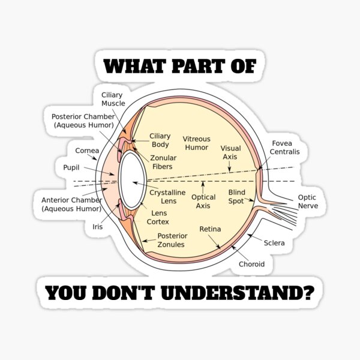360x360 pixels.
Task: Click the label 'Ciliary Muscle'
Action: pyautogui.click(x=113, y=99)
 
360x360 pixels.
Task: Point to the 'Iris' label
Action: pyautogui.click(x=97, y=227)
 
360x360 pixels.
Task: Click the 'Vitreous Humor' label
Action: pyautogui.click(x=196, y=143)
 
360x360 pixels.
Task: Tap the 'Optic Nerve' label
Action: pyautogui.click(x=308, y=201)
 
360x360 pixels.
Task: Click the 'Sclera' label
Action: pyautogui.click(x=274, y=243)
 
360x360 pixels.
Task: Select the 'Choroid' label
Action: pyautogui.click(x=251, y=263)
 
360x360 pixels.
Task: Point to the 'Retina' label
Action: pyautogui.click(x=210, y=229)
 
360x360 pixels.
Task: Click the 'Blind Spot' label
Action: pyautogui.click(x=236, y=196)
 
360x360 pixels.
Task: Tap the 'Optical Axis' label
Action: pyautogui.click(x=203, y=201)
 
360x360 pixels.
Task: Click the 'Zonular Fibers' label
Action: pyautogui.click(x=163, y=161)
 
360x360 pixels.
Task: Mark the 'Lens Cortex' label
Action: pyautogui.click(x=160, y=217)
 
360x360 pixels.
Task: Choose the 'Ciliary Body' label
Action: pyautogui.click(x=160, y=140)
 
